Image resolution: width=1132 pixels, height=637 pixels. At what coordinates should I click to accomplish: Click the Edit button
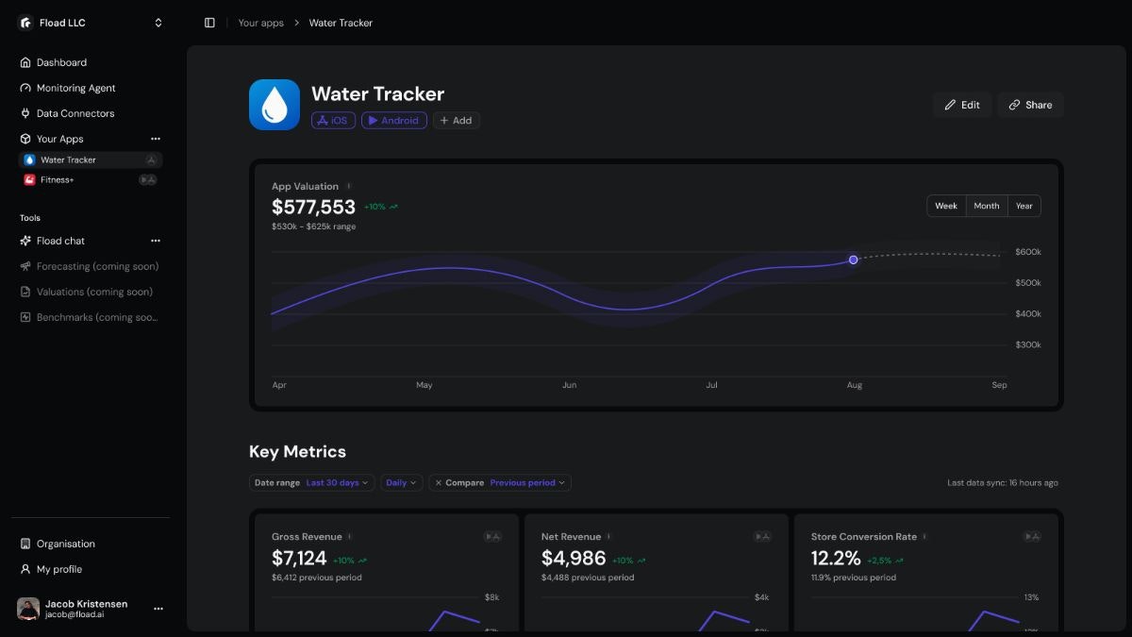coord(961,105)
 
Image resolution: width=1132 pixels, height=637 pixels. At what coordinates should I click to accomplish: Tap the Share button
coord(1030,105)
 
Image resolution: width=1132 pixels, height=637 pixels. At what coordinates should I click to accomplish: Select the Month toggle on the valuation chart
coord(986,206)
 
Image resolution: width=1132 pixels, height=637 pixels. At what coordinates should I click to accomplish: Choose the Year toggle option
coord(1024,206)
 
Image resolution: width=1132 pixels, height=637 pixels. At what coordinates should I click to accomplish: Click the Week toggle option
coord(946,206)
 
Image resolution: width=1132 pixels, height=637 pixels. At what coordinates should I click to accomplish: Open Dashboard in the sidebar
coord(61,62)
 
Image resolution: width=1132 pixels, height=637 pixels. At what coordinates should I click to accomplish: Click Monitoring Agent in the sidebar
coord(75,88)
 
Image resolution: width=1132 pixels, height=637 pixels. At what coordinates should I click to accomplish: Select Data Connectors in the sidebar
coord(75,113)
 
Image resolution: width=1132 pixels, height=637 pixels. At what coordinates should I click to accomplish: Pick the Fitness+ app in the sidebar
coord(57,179)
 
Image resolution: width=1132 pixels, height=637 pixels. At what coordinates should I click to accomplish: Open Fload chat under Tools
coord(60,241)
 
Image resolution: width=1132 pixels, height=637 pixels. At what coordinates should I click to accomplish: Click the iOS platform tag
coord(333,121)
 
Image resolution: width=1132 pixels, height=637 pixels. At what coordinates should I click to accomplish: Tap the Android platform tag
coord(393,121)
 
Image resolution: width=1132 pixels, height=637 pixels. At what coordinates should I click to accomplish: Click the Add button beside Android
coord(456,121)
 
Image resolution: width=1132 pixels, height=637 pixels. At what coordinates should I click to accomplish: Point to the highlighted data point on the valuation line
coord(853,260)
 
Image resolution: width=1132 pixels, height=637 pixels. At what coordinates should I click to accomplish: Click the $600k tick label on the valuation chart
coord(1027,252)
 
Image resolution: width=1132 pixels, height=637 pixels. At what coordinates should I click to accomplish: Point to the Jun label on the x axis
coord(569,385)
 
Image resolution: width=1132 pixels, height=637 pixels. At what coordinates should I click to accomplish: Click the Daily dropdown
coord(401,482)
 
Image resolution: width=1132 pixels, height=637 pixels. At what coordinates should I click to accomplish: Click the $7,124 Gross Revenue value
coord(299,559)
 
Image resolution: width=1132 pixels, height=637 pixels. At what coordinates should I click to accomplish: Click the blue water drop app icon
coord(275,105)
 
